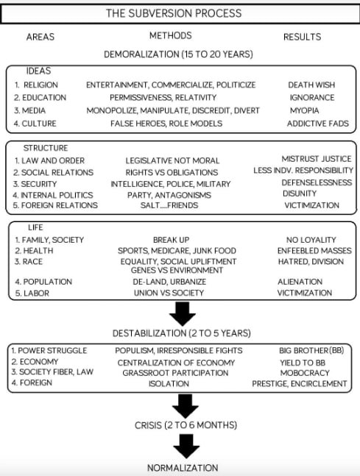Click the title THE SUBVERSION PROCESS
coord(174,13)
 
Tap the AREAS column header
coord(40,37)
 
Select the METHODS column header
coord(171,35)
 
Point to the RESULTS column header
coord(303,37)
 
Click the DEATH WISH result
coord(311,85)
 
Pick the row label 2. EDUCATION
coord(40,97)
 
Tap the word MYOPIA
coord(304,110)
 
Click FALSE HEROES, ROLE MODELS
coord(166,124)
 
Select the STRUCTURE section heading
coord(46,148)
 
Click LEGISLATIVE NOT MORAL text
coord(172,160)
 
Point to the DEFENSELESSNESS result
coord(317,182)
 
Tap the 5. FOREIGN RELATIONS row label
coord(55,205)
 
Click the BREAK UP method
coord(171,240)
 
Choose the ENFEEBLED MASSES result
coord(314,251)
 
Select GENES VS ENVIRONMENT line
coord(177,270)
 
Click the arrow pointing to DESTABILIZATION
coord(183,313)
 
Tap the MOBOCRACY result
coord(305,373)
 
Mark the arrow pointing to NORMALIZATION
coord(186,446)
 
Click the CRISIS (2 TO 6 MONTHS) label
coord(186,425)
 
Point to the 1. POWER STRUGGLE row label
coord(49,351)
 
